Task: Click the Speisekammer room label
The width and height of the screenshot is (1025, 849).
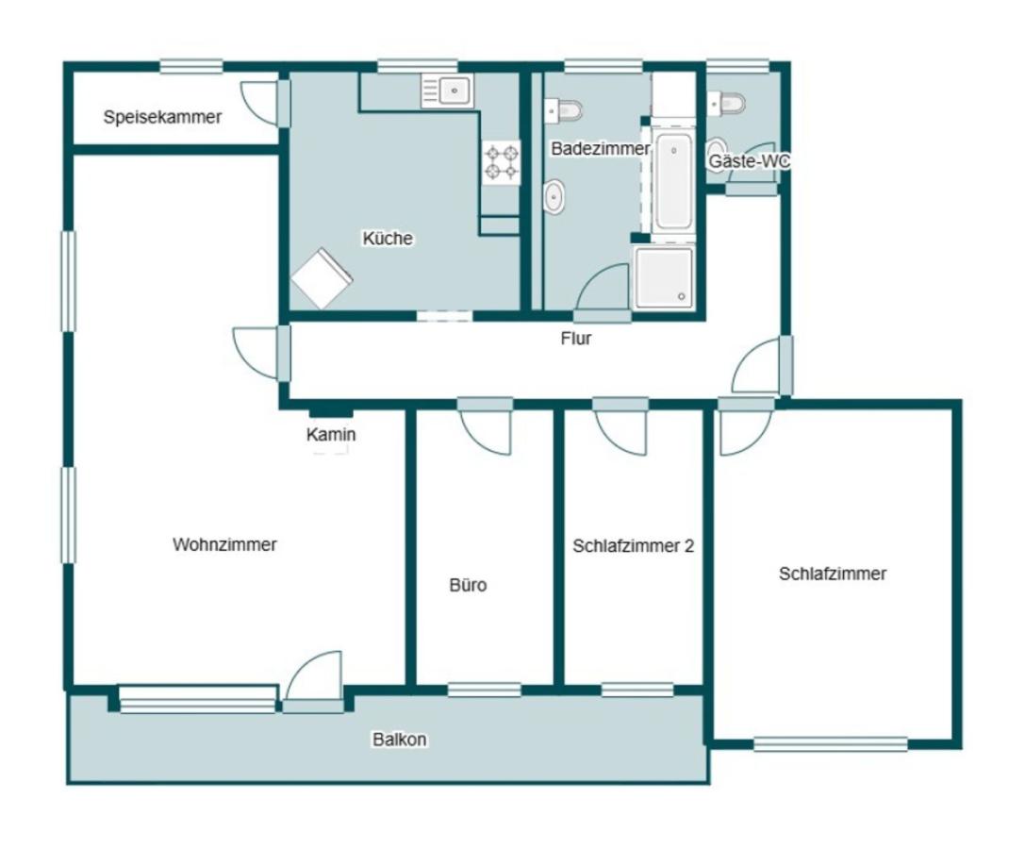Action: (x=162, y=117)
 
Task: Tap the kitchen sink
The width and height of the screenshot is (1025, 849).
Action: (x=447, y=91)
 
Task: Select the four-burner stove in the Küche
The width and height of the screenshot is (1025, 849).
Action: (x=502, y=163)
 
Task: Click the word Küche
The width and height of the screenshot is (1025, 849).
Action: (x=388, y=238)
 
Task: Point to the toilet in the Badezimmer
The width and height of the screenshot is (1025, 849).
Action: (x=564, y=109)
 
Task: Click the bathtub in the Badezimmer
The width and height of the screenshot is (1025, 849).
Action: (x=673, y=181)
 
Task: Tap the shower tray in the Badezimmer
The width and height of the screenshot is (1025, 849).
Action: (x=664, y=277)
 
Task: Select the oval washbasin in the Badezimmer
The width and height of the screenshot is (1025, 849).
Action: (x=554, y=196)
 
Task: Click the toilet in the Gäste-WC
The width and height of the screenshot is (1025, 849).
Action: (x=726, y=104)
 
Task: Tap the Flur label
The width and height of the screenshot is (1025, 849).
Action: (x=576, y=338)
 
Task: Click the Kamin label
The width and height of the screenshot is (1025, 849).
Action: (x=331, y=434)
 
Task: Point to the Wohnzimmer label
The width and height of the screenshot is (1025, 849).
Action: (x=224, y=544)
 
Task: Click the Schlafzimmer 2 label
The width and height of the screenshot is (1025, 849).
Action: (x=633, y=545)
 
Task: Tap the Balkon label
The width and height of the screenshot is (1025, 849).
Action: (x=400, y=740)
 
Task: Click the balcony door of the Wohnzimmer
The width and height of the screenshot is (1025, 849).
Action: (x=314, y=681)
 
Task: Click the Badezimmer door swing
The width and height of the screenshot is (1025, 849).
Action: (x=603, y=292)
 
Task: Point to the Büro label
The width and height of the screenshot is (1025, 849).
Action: (x=468, y=585)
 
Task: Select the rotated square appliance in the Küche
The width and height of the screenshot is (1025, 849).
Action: (x=322, y=278)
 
